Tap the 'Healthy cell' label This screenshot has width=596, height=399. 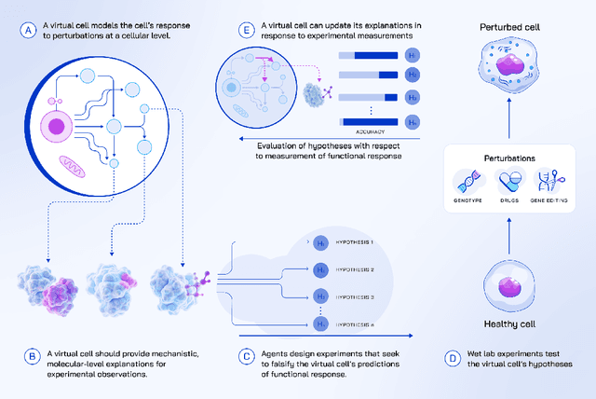pyautogui.click(x=508, y=323)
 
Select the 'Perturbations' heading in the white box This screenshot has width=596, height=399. pyautogui.click(x=508, y=158)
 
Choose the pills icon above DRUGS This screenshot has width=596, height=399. pyautogui.click(x=508, y=180)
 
